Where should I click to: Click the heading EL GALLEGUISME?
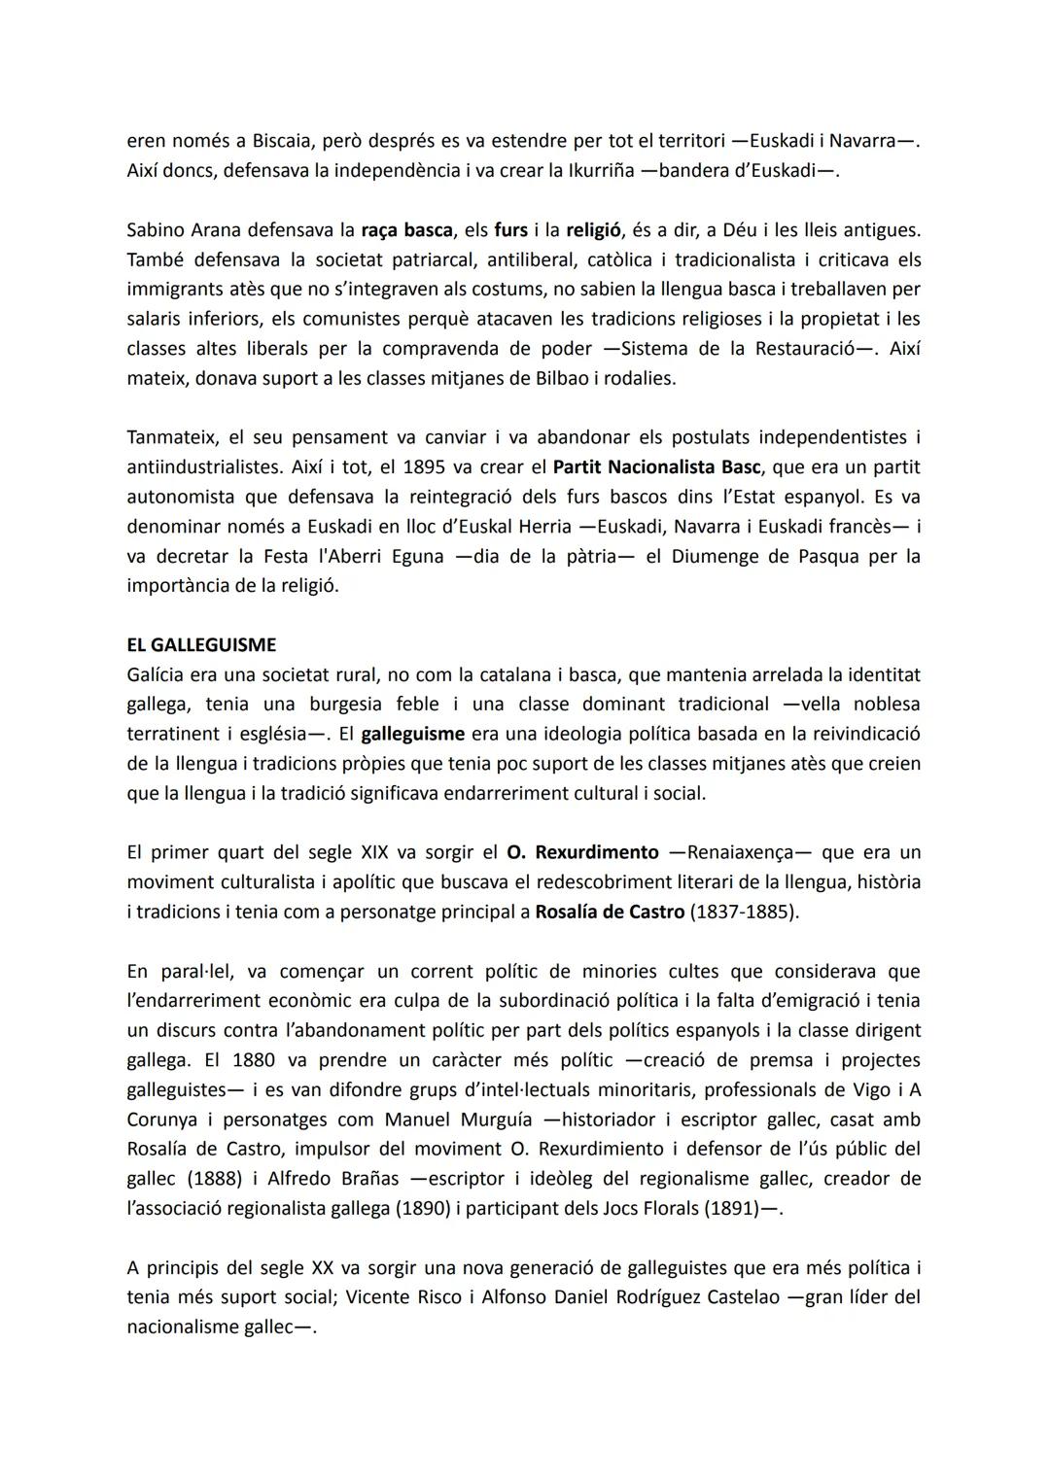[x=201, y=645]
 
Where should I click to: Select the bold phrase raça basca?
[x=406, y=230]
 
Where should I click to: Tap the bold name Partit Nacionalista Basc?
[x=656, y=467]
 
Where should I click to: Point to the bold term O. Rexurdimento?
[x=582, y=852]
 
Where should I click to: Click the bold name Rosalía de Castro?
[x=610, y=913]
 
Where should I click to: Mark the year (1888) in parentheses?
[x=212, y=1179]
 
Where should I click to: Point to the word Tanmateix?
[x=174, y=438]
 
